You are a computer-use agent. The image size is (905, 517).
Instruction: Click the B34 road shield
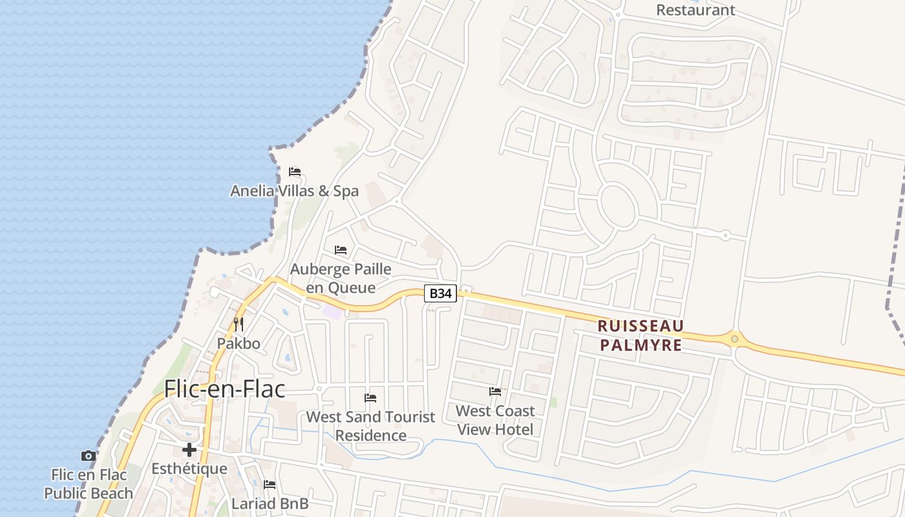(440, 293)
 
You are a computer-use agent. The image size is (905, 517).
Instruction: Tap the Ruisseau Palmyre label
(641, 335)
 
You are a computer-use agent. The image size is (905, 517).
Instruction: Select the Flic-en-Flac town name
(224, 389)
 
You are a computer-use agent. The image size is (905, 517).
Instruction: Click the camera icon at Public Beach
(89, 456)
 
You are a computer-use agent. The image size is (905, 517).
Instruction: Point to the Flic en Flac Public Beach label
(89, 484)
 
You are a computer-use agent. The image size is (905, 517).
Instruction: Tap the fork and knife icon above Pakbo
(239, 324)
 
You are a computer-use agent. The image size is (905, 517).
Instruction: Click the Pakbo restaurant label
(239, 343)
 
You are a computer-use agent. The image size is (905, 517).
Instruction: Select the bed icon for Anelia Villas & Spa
(295, 172)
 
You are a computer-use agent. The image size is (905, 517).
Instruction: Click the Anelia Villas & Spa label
(295, 191)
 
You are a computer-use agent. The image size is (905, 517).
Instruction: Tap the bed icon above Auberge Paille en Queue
(341, 250)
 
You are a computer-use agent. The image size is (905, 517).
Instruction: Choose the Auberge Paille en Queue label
(341, 278)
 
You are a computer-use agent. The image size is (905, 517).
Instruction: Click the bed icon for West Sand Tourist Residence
(370, 398)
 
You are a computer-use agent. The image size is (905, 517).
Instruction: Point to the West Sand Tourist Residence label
(370, 426)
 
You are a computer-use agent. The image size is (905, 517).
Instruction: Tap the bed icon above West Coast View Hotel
(495, 392)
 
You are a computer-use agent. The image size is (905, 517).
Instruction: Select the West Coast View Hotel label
(495, 419)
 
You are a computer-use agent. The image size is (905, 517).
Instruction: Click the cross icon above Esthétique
(189, 450)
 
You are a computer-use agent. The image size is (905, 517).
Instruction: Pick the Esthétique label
(189, 469)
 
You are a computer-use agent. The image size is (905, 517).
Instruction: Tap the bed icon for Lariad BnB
(270, 485)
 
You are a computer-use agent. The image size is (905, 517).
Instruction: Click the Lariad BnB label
(270, 503)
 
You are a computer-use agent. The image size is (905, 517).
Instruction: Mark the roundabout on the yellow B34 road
(734, 339)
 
